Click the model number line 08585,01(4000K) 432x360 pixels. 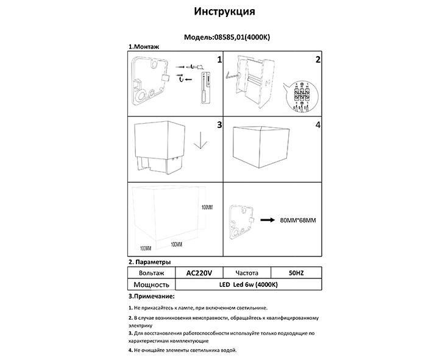pyautogui.click(x=227, y=37)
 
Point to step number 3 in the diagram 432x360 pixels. pyautogui.click(x=219, y=125)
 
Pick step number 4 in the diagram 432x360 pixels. pyautogui.click(x=317, y=125)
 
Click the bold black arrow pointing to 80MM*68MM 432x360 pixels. pyautogui.click(x=269, y=220)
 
